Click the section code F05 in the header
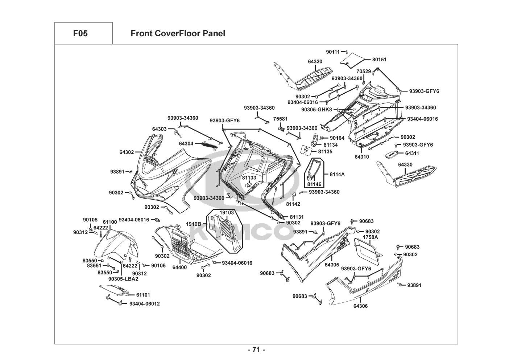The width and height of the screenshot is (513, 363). pos(80,34)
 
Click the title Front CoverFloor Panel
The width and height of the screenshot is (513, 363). pos(178,34)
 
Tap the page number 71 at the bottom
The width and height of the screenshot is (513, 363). pos(256,350)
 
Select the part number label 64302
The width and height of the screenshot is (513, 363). pos(127,152)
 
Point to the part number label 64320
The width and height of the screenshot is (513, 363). pos(315,62)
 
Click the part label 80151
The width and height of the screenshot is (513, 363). pos(379,60)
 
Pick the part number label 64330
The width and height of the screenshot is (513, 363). pos(405,165)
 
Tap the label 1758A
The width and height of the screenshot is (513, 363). pos(370,237)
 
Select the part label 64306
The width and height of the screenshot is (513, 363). pos(360,306)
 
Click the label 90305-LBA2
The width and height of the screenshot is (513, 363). pos(123,279)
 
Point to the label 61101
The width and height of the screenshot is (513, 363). pos(143,295)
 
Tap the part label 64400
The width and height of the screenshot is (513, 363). pos(179,268)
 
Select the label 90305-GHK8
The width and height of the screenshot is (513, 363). pos(317,110)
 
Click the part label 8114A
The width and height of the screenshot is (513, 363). pos(337,174)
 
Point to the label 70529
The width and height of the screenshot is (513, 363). pos(363,72)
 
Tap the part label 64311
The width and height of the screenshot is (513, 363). pos(412,154)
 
